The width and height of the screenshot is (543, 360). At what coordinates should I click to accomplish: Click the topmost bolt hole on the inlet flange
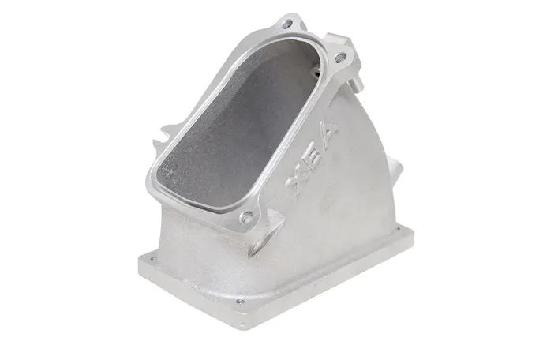pyautogui.click(x=287, y=24)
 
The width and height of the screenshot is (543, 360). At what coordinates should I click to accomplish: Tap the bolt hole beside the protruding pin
pyautogui.click(x=340, y=57)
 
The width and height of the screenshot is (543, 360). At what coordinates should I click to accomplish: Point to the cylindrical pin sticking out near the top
pyautogui.click(x=357, y=84)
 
